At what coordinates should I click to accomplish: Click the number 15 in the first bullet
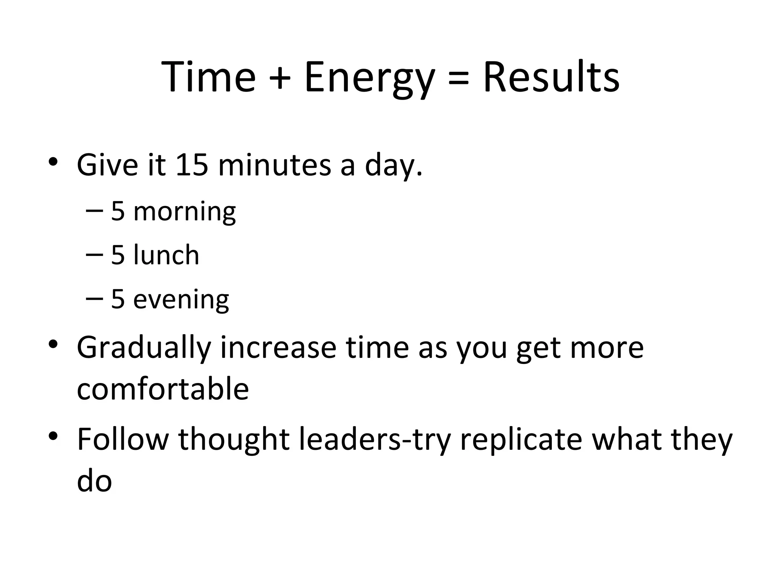coord(192,165)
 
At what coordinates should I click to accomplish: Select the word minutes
coord(275,165)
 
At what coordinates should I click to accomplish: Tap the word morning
coord(184,212)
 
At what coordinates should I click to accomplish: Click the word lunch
coord(166,255)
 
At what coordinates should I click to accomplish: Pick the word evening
coord(181,299)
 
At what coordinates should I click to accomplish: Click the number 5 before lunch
coord(118,255)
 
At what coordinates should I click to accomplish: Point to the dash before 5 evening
coord(94,298)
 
